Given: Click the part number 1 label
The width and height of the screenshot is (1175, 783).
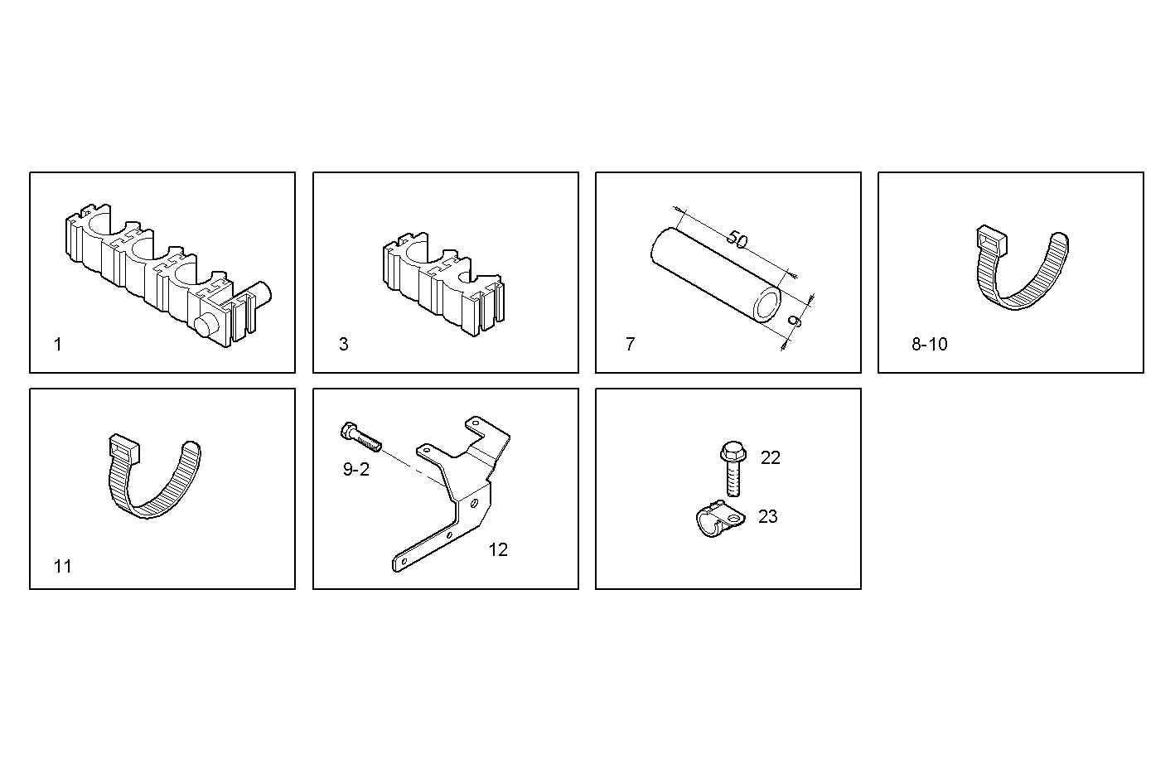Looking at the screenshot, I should pyautogui.click(x=57, y=345).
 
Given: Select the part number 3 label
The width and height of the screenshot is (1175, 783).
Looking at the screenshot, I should pyautogui.click(x=344, y=345).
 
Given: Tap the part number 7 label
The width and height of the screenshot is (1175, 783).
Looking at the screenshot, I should pyautogui.click(x=630, y=345).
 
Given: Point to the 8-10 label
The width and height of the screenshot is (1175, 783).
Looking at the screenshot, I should pyautogui.click(x=929, y=345).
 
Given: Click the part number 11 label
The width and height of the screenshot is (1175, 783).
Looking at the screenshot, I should pyautogui.click(x=63, y=567).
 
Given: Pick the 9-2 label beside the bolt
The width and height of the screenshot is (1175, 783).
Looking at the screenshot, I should pyautogui.click(x=356, y=470).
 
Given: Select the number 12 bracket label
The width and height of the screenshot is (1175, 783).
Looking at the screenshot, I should pyautogui.click(x=498, y=549).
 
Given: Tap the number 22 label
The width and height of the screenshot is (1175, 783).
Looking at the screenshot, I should pyautogui.click(x=771, y=457).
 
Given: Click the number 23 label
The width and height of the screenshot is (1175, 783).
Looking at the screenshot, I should pyautogui.click(x=768, y=516).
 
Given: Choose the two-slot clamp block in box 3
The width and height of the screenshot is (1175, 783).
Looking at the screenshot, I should pyautogui.click(x=442, y=287).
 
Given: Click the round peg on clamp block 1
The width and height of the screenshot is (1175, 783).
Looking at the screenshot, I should pyautogui.click(x=207, y=325).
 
